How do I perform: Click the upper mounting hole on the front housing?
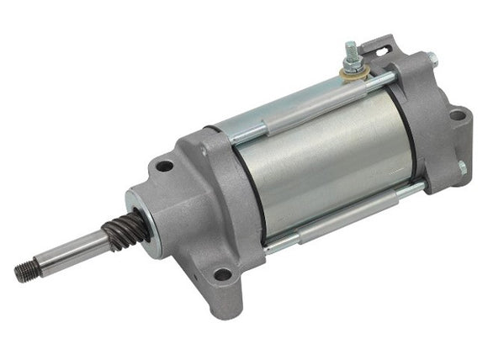tap(165, 166)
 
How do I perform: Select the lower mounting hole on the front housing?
tap(221, 273)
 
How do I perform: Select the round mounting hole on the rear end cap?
tap(457, 115)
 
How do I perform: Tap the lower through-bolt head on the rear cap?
tap(461, 167)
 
